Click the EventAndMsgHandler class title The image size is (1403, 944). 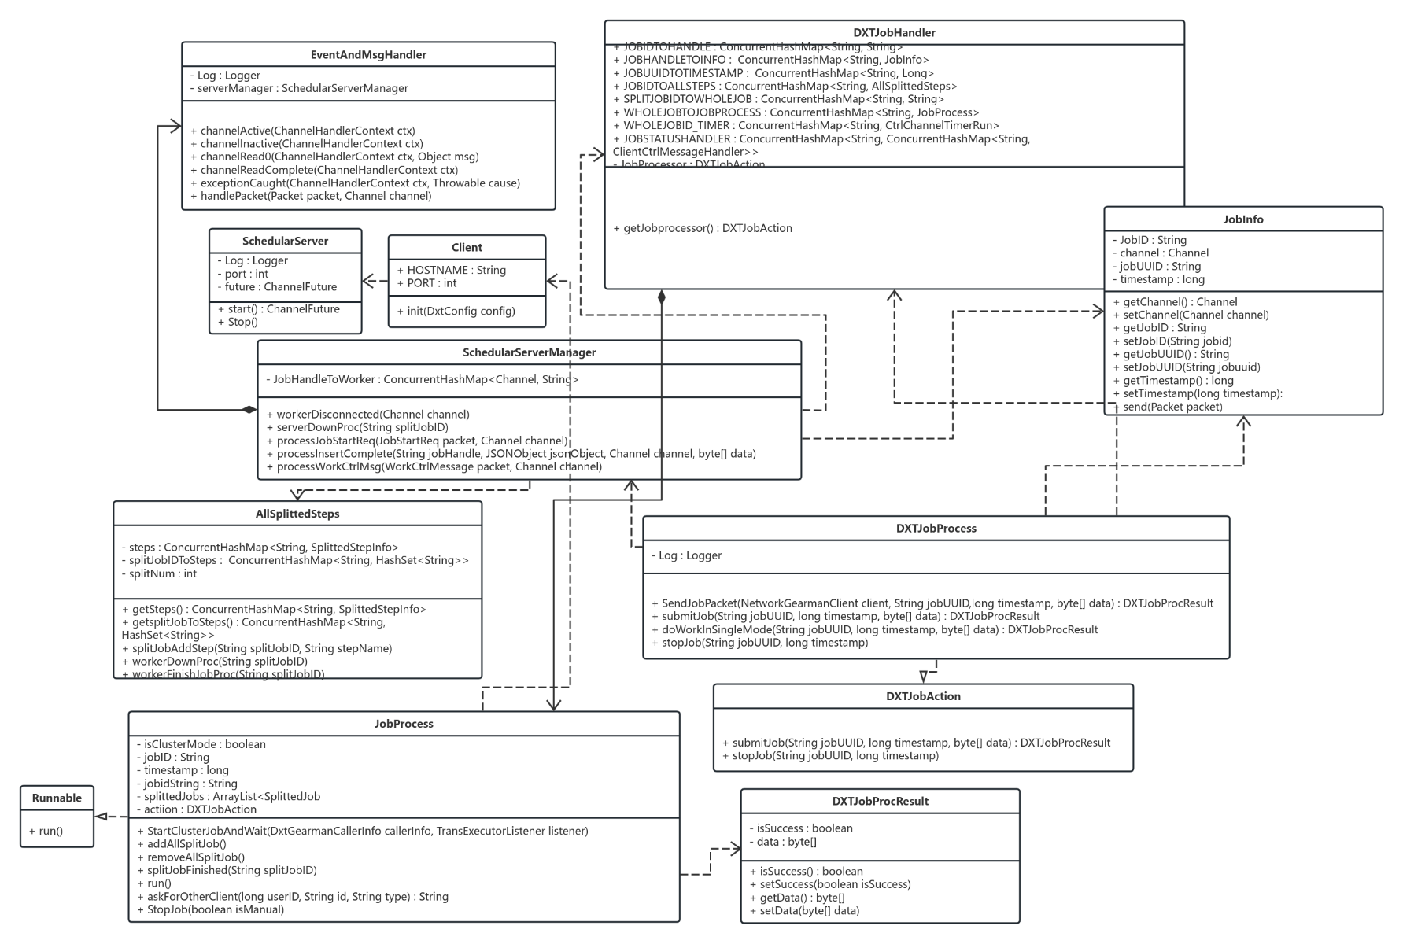pyautogui.click(x=368, y=55)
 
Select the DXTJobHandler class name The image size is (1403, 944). pyautogui.click(x=894, y=33)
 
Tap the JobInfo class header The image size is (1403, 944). pyautogui.click(x=1242, y=219)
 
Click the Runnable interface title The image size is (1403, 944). pyautogui.click(x=57, y=798)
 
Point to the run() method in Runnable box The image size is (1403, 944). pyautogui.click(x=46, y=831)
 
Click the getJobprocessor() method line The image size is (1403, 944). pyautogui.click(x=702, y=228)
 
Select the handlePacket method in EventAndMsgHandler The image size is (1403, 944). pyautogui.click(x=311, y=196)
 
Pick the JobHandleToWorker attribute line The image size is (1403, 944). pyautogui.click(x=422, y=379)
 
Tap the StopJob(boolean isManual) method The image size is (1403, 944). pyautogui.click(x=210, y=909)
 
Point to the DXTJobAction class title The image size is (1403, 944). pyautogui.click(x=923, y=696)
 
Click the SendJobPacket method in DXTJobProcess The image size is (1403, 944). pyautogui.click(x=932, y=603)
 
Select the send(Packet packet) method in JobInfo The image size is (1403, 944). pyautogui.click(x=1167, y=407)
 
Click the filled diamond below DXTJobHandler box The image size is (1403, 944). pyautogui.click(x=662, y=297)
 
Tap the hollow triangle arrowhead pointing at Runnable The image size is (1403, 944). pyautogui.click(x=102, y=817)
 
